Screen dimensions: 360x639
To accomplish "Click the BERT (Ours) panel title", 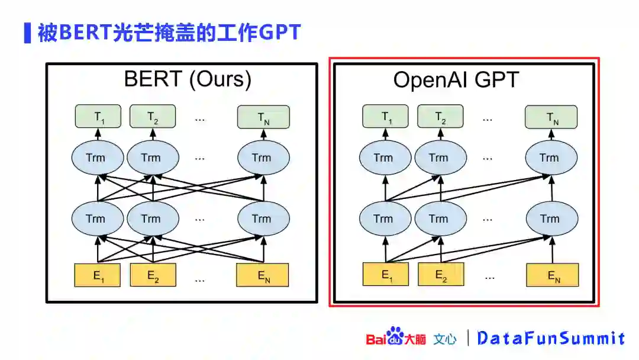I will (x=188, y=79).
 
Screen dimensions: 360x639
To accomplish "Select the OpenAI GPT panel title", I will (x=456, y=80).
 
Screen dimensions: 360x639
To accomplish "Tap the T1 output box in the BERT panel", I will (x=98, y=117).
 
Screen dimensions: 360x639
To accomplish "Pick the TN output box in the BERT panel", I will (x=263, y=117).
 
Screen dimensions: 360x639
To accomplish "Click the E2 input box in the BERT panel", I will (x=153, y=275).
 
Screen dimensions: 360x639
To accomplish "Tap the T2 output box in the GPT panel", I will (x=440, y=117).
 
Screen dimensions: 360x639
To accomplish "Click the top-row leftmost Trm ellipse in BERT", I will (x=98, y=157).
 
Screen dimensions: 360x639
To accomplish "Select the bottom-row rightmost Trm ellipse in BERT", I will (x=263, y=218).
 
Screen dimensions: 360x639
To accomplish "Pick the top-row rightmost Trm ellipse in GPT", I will (x=551, y=157).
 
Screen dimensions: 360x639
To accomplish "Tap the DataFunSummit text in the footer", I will (x=550, y=338).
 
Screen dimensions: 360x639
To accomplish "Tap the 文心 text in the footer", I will (x=445, y=339).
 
